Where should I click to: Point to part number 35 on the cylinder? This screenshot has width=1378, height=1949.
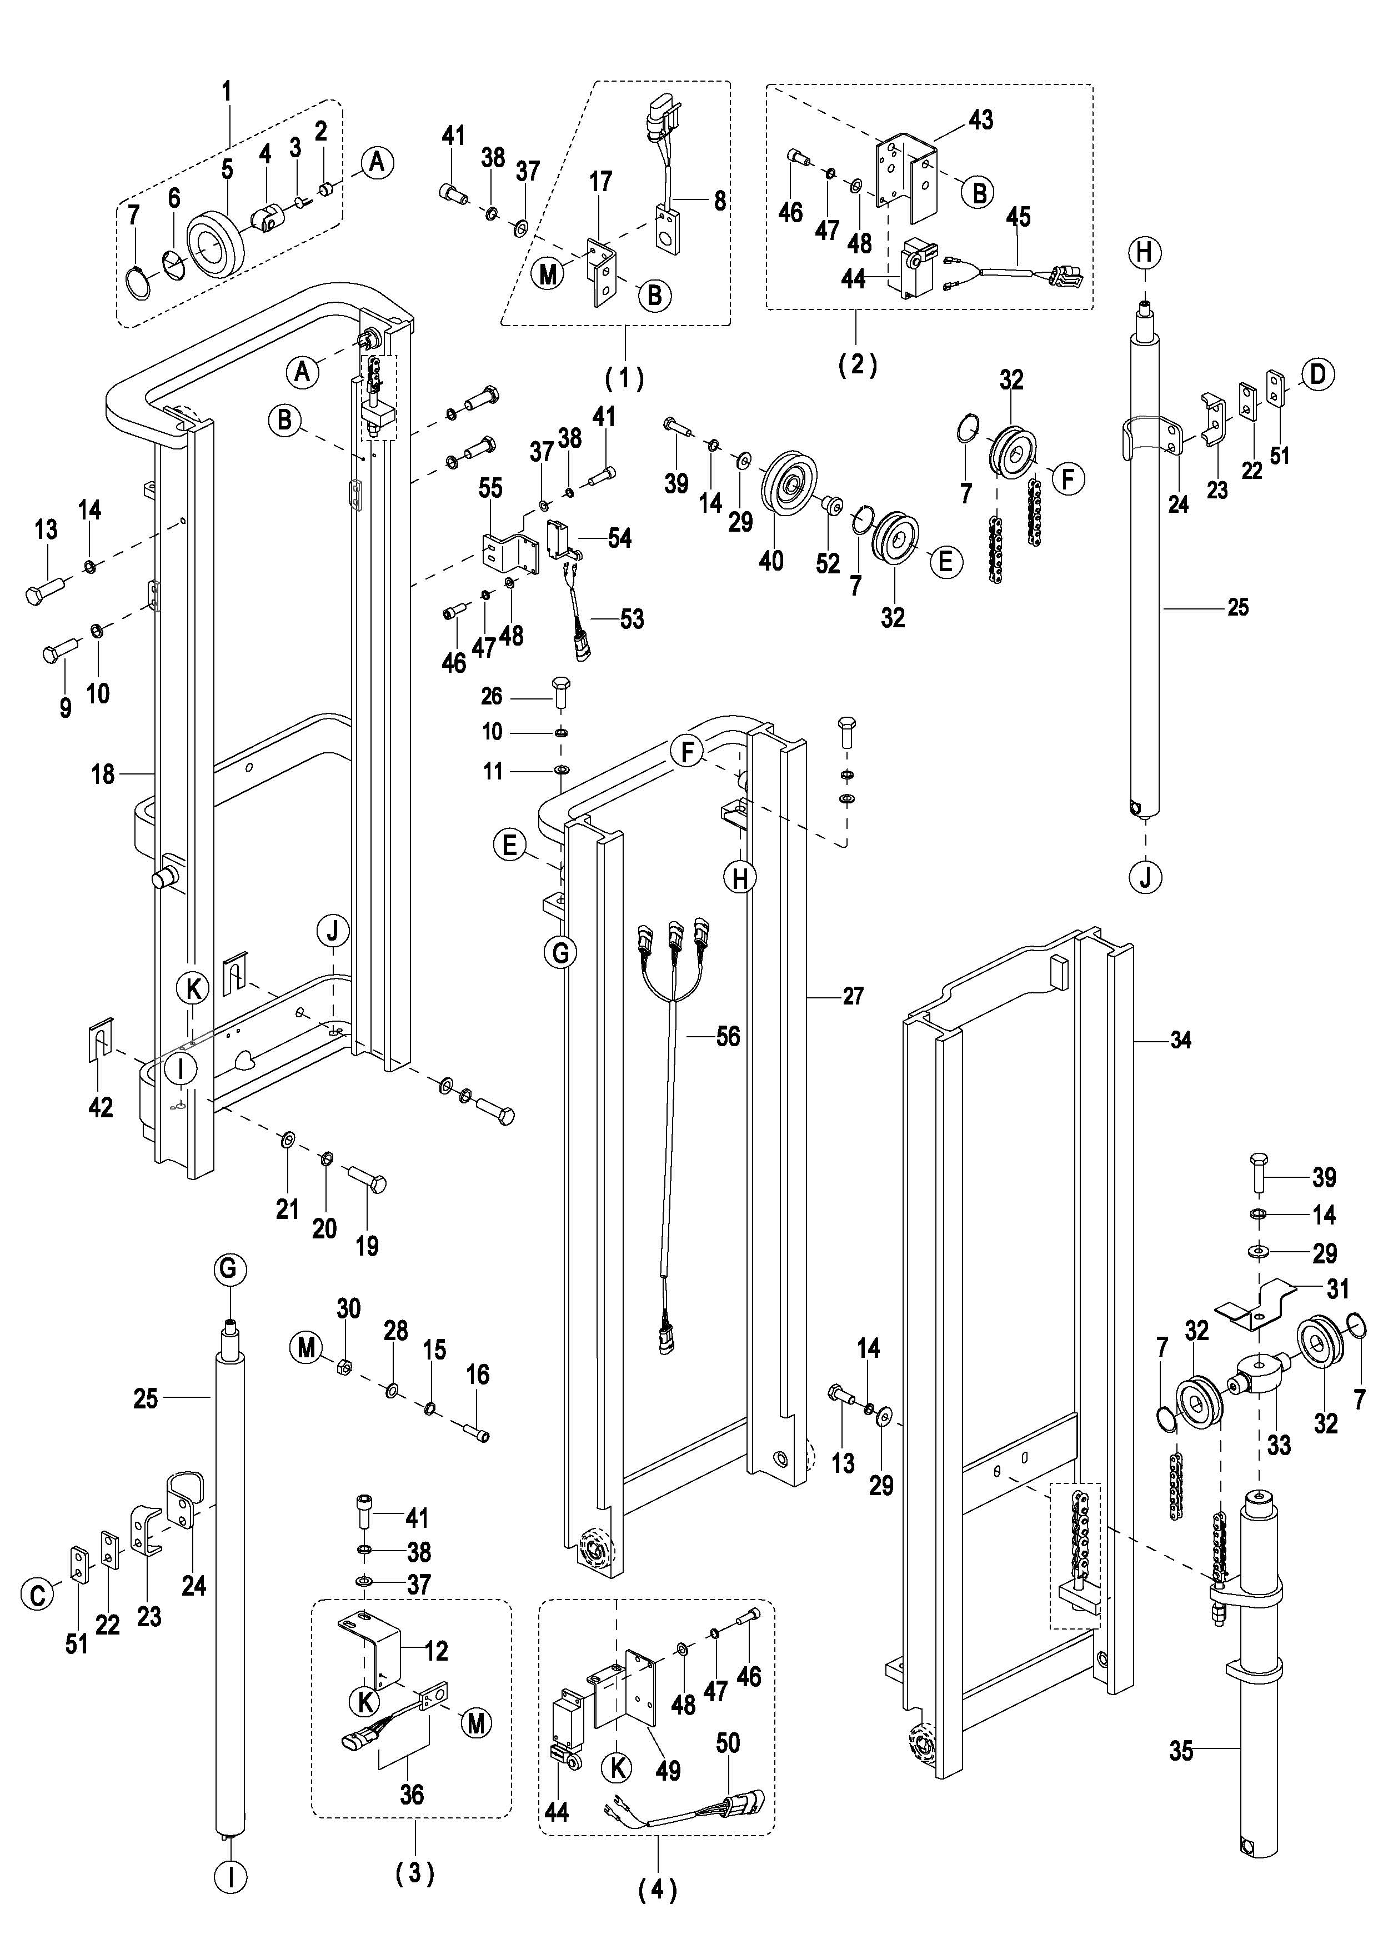click(1181, 1750)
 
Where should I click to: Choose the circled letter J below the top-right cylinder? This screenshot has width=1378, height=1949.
click(1145, 877)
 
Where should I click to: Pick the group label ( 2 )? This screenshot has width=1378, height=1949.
click(857, 365)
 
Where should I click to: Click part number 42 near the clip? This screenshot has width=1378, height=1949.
click(100, 1107)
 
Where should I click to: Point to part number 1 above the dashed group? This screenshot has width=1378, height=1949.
click(227, 91)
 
